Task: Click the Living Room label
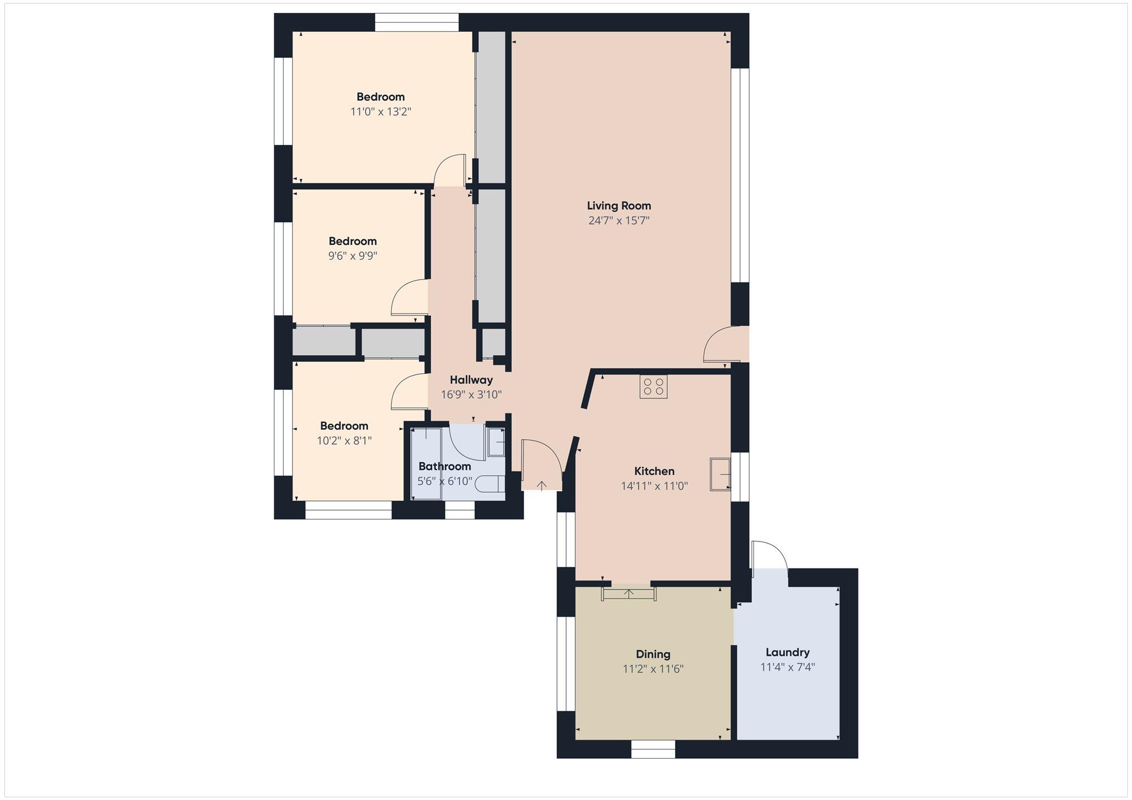tap(619, 206)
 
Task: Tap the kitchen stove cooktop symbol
tap(654, 386)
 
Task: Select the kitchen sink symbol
tap(721, 474)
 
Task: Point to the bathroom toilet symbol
tap(490, 484)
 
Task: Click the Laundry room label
tap(787, 652)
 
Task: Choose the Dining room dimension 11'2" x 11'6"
tap(653, 669)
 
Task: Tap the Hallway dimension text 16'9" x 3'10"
tap(471, 394)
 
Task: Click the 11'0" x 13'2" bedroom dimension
tap(380, 111)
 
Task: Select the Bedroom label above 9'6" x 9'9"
tap(353, 241)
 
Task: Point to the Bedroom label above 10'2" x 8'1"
tap(344, 426)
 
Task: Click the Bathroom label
tap(445, 466)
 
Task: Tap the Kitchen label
tap(654, 471)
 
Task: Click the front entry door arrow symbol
tap(542, 485)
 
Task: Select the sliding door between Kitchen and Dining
tap(629, 593)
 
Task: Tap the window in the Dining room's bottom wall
tap(653, 749)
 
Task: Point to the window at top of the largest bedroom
tap(417, 23)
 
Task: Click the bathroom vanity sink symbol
tap(496, 441)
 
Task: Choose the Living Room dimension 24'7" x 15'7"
tap(619, 221)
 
